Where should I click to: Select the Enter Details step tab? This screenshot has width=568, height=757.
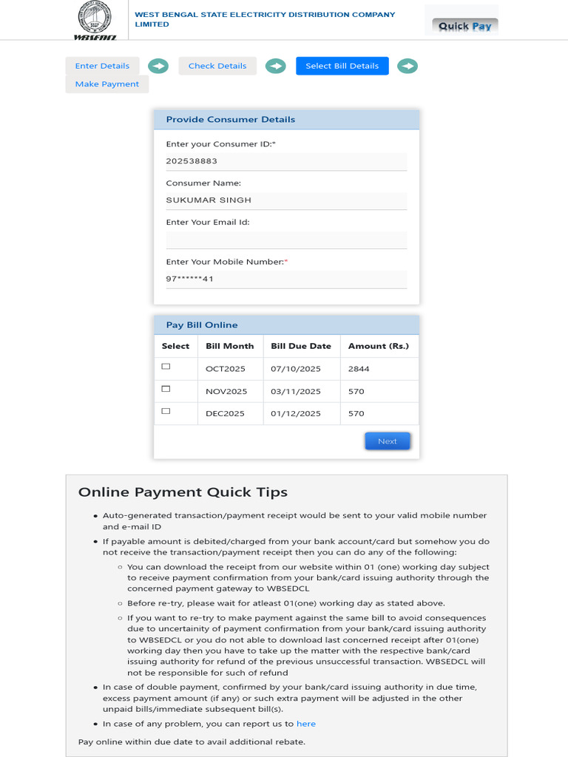pos(102,66)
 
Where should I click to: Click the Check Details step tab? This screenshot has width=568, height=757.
pos(217,66)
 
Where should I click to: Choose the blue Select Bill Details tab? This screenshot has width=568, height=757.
pos(342,66)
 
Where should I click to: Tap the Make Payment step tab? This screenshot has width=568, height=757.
pos(107,84)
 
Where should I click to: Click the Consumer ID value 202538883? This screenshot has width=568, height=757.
pos(192,161)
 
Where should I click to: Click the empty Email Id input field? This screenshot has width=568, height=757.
pos(286,240)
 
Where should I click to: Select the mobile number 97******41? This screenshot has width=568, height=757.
pos(189,279)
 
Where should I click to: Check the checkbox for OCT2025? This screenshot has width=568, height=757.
pos(166,367)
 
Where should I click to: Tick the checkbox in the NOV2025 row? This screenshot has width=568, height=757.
pos(166,389)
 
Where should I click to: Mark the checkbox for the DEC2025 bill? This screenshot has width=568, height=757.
pos(166,411)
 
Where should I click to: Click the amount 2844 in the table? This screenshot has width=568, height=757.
pos(359,369)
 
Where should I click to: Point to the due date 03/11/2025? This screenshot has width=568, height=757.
pos(296,392)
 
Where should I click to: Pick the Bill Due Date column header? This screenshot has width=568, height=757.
pos(301,346)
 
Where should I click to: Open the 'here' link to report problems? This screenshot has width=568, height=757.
pos(305,724)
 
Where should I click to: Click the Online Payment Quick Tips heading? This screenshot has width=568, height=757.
pos(183,492)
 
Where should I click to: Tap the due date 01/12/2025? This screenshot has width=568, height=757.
pos(296,414)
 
